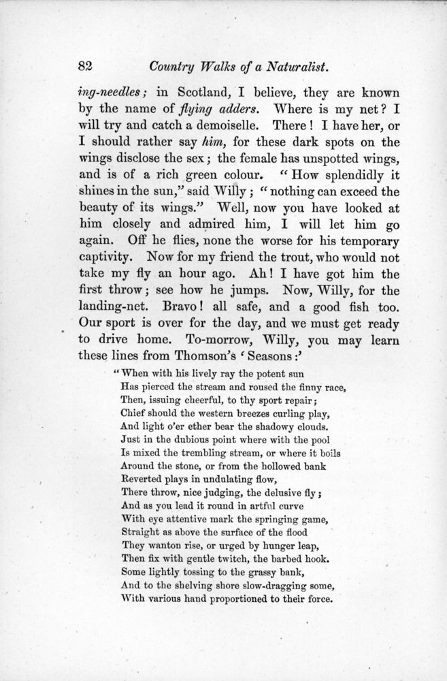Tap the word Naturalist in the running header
pos(294,66)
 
